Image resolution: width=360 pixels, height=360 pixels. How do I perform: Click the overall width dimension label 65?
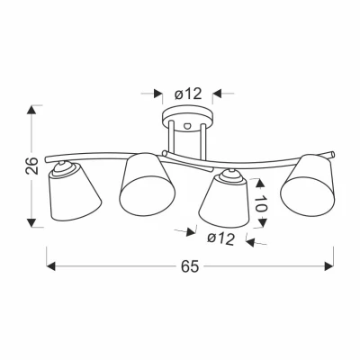coord(190,265)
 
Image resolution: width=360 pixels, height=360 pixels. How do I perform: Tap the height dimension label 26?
coord(32,166)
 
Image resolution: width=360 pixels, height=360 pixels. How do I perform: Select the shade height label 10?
coord(261,203)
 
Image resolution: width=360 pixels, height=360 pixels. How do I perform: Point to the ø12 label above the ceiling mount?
coord(188,94)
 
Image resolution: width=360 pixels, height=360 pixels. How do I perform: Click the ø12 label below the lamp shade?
coord(220,239)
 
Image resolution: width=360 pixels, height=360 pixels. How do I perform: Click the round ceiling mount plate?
coord(188,118)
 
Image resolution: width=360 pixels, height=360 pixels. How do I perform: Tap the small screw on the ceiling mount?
coord(188,125)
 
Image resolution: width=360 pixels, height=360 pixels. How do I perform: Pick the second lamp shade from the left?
coord(147,184)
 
